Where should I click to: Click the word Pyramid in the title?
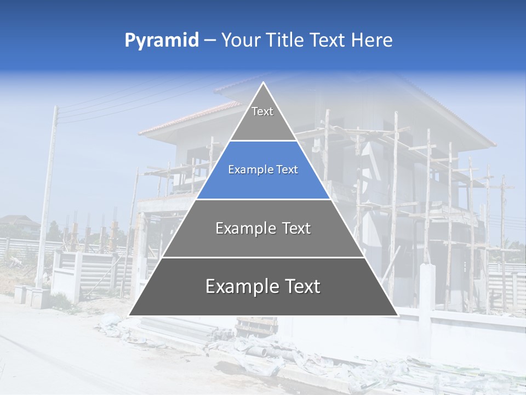[161, 41]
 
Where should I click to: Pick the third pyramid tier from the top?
[263, 228]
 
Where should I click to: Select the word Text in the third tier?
[296, 228]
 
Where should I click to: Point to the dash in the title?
[209, 41]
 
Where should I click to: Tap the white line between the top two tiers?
[263, 141]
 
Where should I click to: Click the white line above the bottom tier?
[263, 257]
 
